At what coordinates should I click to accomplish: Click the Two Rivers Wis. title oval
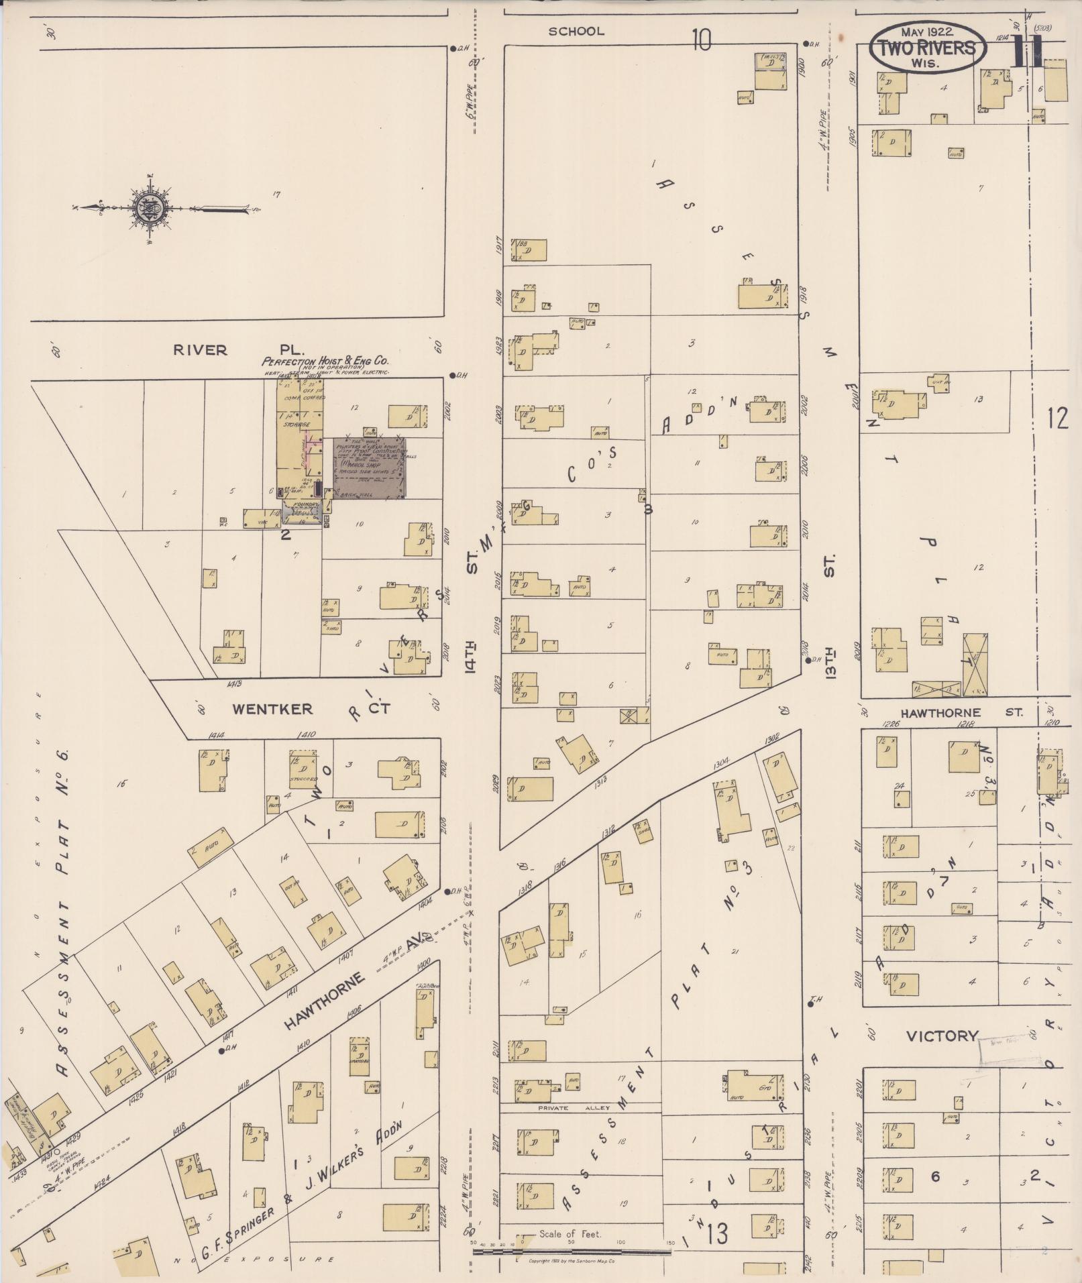tap(928, 48)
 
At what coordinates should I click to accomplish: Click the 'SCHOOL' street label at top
tap(576, 31)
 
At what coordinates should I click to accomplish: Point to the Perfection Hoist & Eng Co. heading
tap(325, 361)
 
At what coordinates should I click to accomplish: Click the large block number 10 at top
tap(701, 40)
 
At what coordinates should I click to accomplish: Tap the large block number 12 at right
tap(1057, 419)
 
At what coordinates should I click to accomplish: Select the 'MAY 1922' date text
tap(927, 32)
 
